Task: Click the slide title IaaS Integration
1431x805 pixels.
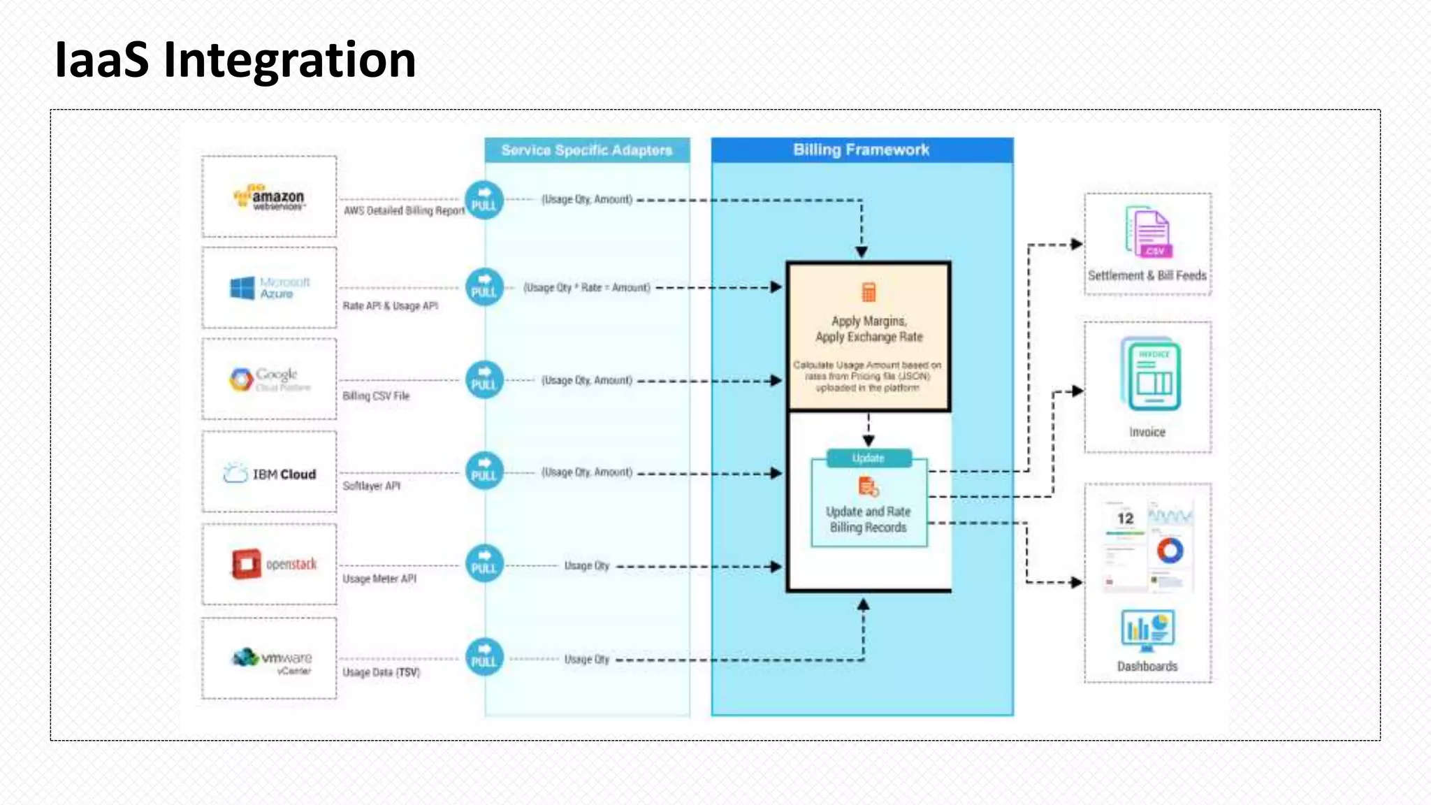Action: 235,60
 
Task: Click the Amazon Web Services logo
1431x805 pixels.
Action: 270,198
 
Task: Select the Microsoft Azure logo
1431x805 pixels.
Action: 270,288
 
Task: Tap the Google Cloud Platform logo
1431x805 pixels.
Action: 270,379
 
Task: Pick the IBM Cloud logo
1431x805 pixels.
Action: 270,474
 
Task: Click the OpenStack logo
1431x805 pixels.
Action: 273,564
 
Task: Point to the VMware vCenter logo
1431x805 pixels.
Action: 272,660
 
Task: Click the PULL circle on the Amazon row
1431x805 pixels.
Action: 484,201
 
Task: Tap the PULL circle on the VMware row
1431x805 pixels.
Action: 484,658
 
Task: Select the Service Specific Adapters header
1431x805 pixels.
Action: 587,150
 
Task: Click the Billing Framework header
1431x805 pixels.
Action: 862,150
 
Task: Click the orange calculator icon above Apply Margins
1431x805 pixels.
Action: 869,292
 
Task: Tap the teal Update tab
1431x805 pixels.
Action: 869,458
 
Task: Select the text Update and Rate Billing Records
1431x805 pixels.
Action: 869,519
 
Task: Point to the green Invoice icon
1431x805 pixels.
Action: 1150,375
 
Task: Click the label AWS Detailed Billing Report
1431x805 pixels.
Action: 404,210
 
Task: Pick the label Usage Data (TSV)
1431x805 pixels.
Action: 382,672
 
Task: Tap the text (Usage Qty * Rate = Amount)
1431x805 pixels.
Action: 587,288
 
